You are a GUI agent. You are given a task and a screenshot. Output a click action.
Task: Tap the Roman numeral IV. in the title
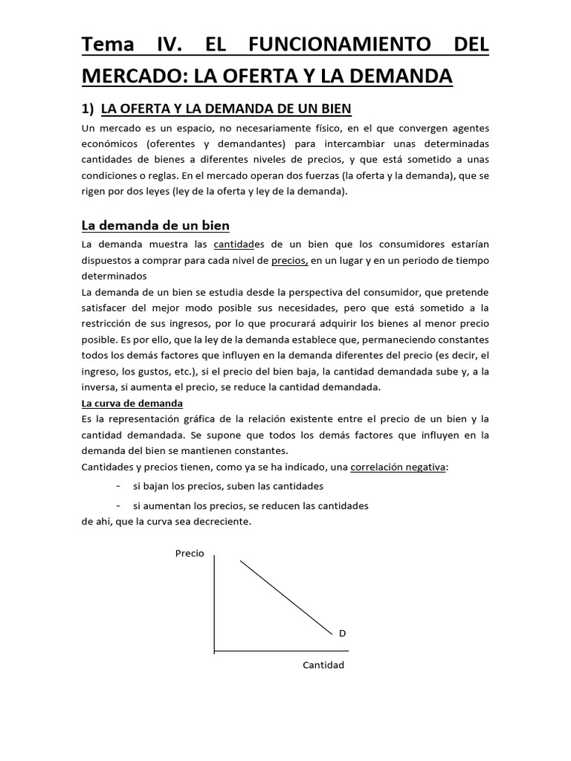pos(172,44)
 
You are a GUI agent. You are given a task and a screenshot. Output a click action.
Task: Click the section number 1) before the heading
pos(88,109)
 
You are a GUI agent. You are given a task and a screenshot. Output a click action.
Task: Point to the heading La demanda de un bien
pos(155,225)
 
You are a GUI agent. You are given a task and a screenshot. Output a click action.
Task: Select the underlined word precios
pos(289,261)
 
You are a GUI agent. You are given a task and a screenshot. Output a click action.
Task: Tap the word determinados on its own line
pos(114,276)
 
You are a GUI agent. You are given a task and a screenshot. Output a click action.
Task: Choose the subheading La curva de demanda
pos(132,404)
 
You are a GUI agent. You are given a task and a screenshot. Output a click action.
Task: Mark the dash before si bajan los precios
pos(119,486)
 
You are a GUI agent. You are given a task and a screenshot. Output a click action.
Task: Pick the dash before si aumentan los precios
pos(119,505)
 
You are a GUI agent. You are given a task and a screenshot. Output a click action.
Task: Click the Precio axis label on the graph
pos(190,554)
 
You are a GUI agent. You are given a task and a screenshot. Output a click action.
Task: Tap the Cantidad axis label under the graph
pos(323,665)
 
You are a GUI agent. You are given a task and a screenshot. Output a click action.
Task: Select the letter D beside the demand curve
pos(343,633)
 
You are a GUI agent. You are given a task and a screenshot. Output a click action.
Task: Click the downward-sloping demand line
pos(286,598)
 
